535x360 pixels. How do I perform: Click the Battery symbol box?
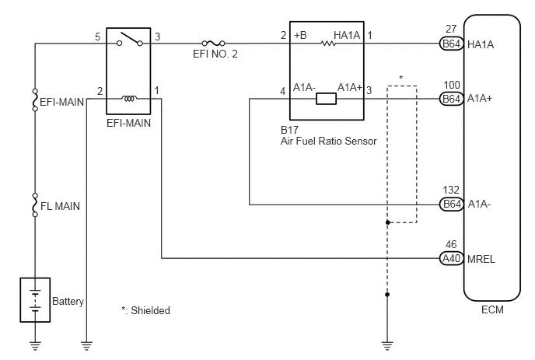(35, 300)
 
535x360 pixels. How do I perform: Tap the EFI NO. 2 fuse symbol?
(213, 44)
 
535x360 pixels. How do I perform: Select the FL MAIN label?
(60, 206)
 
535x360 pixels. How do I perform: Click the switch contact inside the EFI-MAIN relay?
(130, 39)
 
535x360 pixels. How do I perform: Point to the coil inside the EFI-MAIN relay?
(129, 99)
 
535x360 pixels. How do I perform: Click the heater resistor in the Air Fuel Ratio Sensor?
(328, 44)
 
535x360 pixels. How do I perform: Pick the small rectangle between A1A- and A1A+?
(326, 99)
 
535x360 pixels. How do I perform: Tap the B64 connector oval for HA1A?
(451, 44)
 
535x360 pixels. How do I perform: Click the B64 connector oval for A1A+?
(451, 99)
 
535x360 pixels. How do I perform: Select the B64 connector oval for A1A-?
(451, 204)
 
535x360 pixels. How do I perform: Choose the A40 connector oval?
(451, 258)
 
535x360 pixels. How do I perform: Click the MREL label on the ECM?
(481, 260)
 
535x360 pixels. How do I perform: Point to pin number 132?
(451, 190)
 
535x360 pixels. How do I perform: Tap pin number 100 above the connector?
(452, 85)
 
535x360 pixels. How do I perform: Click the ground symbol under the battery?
(35, 346)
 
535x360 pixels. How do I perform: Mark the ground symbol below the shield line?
(387, 346)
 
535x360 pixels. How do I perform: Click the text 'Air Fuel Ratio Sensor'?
(329, 141)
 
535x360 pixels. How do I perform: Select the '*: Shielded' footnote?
(145, 310)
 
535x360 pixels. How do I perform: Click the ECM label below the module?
(492, 309)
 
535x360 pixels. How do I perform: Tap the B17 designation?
(289, 130)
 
